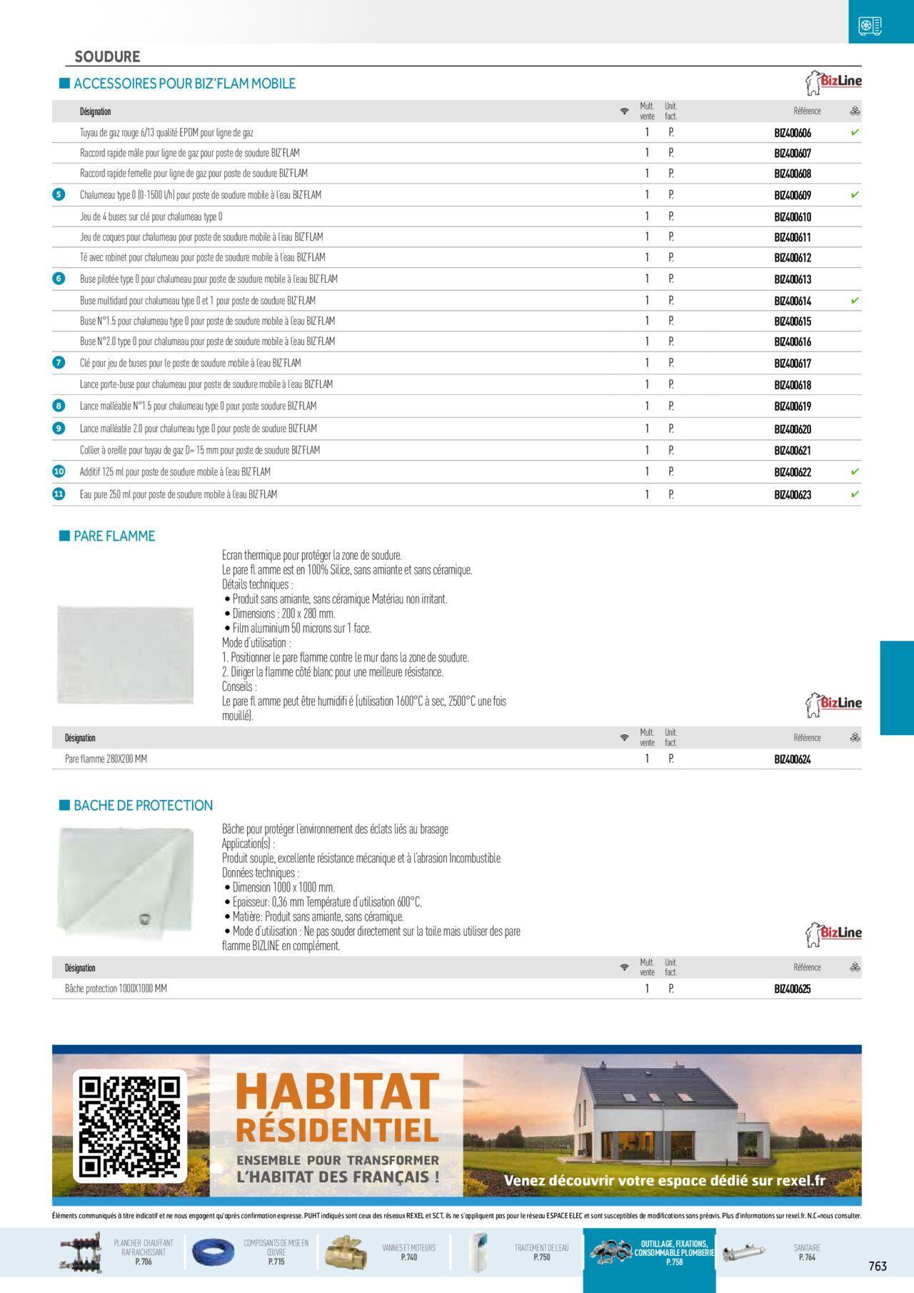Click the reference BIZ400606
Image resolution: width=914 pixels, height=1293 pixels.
click(x=793, y=133)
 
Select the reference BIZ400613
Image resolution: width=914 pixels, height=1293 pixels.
click(x=793, y=279)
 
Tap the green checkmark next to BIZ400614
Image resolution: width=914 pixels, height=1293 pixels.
click(x=855, y=301)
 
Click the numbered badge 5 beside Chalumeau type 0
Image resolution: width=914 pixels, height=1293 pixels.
click(x=59, y=194)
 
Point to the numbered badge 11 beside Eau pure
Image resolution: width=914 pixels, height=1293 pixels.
click(x=59, y=494)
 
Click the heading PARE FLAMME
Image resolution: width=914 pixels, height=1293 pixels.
click(x=114, y=536)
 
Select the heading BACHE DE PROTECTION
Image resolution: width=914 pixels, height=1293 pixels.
click(x=143, y=805)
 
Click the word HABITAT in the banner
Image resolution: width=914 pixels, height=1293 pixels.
click(x=336, y=1092)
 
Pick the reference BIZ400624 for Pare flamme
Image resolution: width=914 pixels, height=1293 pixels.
click(x=793, y=759)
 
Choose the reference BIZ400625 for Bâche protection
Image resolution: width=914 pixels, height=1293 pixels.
click(x=793, y=989)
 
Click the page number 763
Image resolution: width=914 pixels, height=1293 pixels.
click(x=878, y=1266)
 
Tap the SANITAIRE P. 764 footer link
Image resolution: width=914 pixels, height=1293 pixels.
click(x=807, y=1252)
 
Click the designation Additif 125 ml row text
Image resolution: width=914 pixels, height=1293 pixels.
click(x=175, y=472)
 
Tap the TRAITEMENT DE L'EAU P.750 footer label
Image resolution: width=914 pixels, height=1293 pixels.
click(x=541, y=1252)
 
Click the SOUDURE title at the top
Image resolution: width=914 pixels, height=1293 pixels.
click(x=107, y=56)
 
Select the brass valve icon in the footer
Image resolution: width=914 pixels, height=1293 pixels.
click(x=346, y=1253)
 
